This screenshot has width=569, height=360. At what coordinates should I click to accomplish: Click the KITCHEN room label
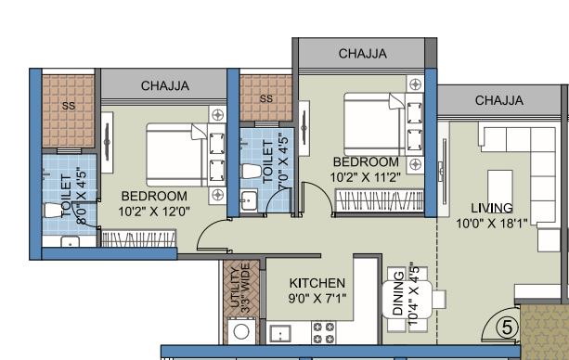pyautogui.click(x=317, y=283)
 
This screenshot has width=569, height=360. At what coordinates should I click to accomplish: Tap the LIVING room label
pyautogui.click(x=491, y=207)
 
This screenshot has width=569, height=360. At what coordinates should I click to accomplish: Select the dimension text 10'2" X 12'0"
pyautogui.click(x=154, y=212)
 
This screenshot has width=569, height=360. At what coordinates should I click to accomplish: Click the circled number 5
pyautogui.click(x=506, y=327)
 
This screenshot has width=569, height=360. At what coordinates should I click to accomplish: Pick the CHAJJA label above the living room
pyautogui.click(x=498, y=100)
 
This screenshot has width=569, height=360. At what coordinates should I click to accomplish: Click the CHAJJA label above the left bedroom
pyautogui.click(x=165, y=85)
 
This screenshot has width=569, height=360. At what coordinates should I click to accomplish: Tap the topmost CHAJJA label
pyautogui.click(x=362, y=54)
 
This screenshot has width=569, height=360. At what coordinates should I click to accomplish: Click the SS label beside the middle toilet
pyautogui.click(x=266, y=98)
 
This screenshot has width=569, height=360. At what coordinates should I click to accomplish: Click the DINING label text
pyautogui.click(x=398, y=295)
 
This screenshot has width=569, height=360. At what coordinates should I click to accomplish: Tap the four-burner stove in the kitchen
pyautogui.click(x=324, y=332)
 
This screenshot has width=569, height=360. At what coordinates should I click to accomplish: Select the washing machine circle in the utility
pyautogui.click(x=242, y=331)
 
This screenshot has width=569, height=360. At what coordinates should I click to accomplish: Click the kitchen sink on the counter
pyautogui.click(x=278, y=332)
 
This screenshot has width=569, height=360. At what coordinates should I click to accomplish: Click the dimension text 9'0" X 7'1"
pyautogui.click(x=317, y=299)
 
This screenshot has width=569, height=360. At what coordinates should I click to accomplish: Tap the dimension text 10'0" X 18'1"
pyautogui.click(x=491, y=223)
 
